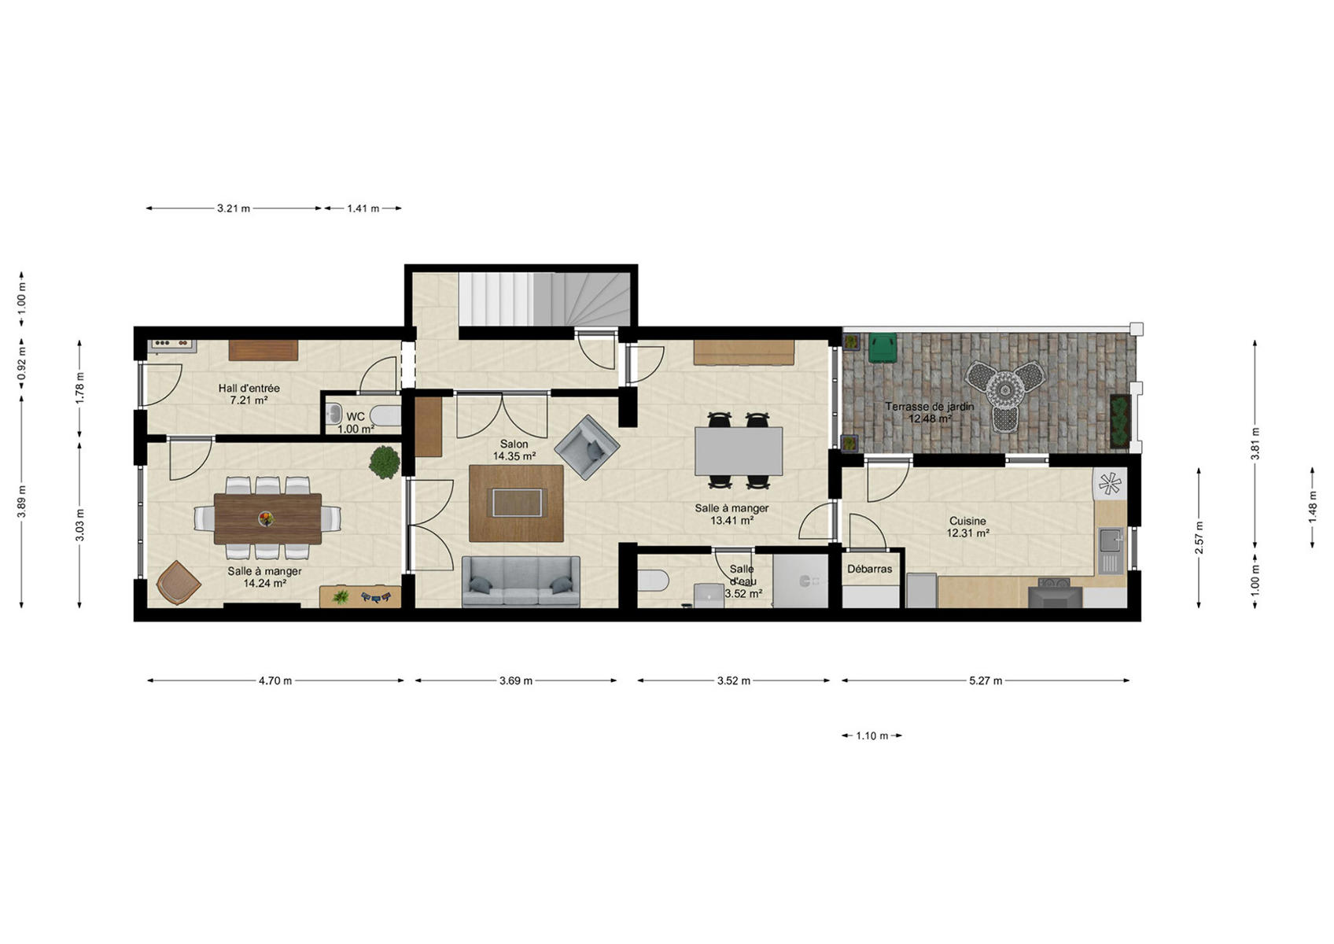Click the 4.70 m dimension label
coord(275,680)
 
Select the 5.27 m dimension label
coord(986,680)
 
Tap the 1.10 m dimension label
coord(872,736)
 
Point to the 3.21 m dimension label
coord(234,208)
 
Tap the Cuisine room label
coord(967,521)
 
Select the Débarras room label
coord(869,570)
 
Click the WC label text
coord(356,417)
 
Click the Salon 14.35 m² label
coord(514,450)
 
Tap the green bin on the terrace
coord(883,348)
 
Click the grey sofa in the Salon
coord(521,582)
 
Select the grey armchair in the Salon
coord(588,447)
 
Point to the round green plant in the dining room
coord(384,463)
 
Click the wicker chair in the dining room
coord(178,582)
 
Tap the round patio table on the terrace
coord(1005,391)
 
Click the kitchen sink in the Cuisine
coord(1111,551)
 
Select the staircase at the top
coord(544,299)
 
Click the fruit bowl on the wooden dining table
coord(266,518)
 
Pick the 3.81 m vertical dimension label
coord(1255,444)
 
